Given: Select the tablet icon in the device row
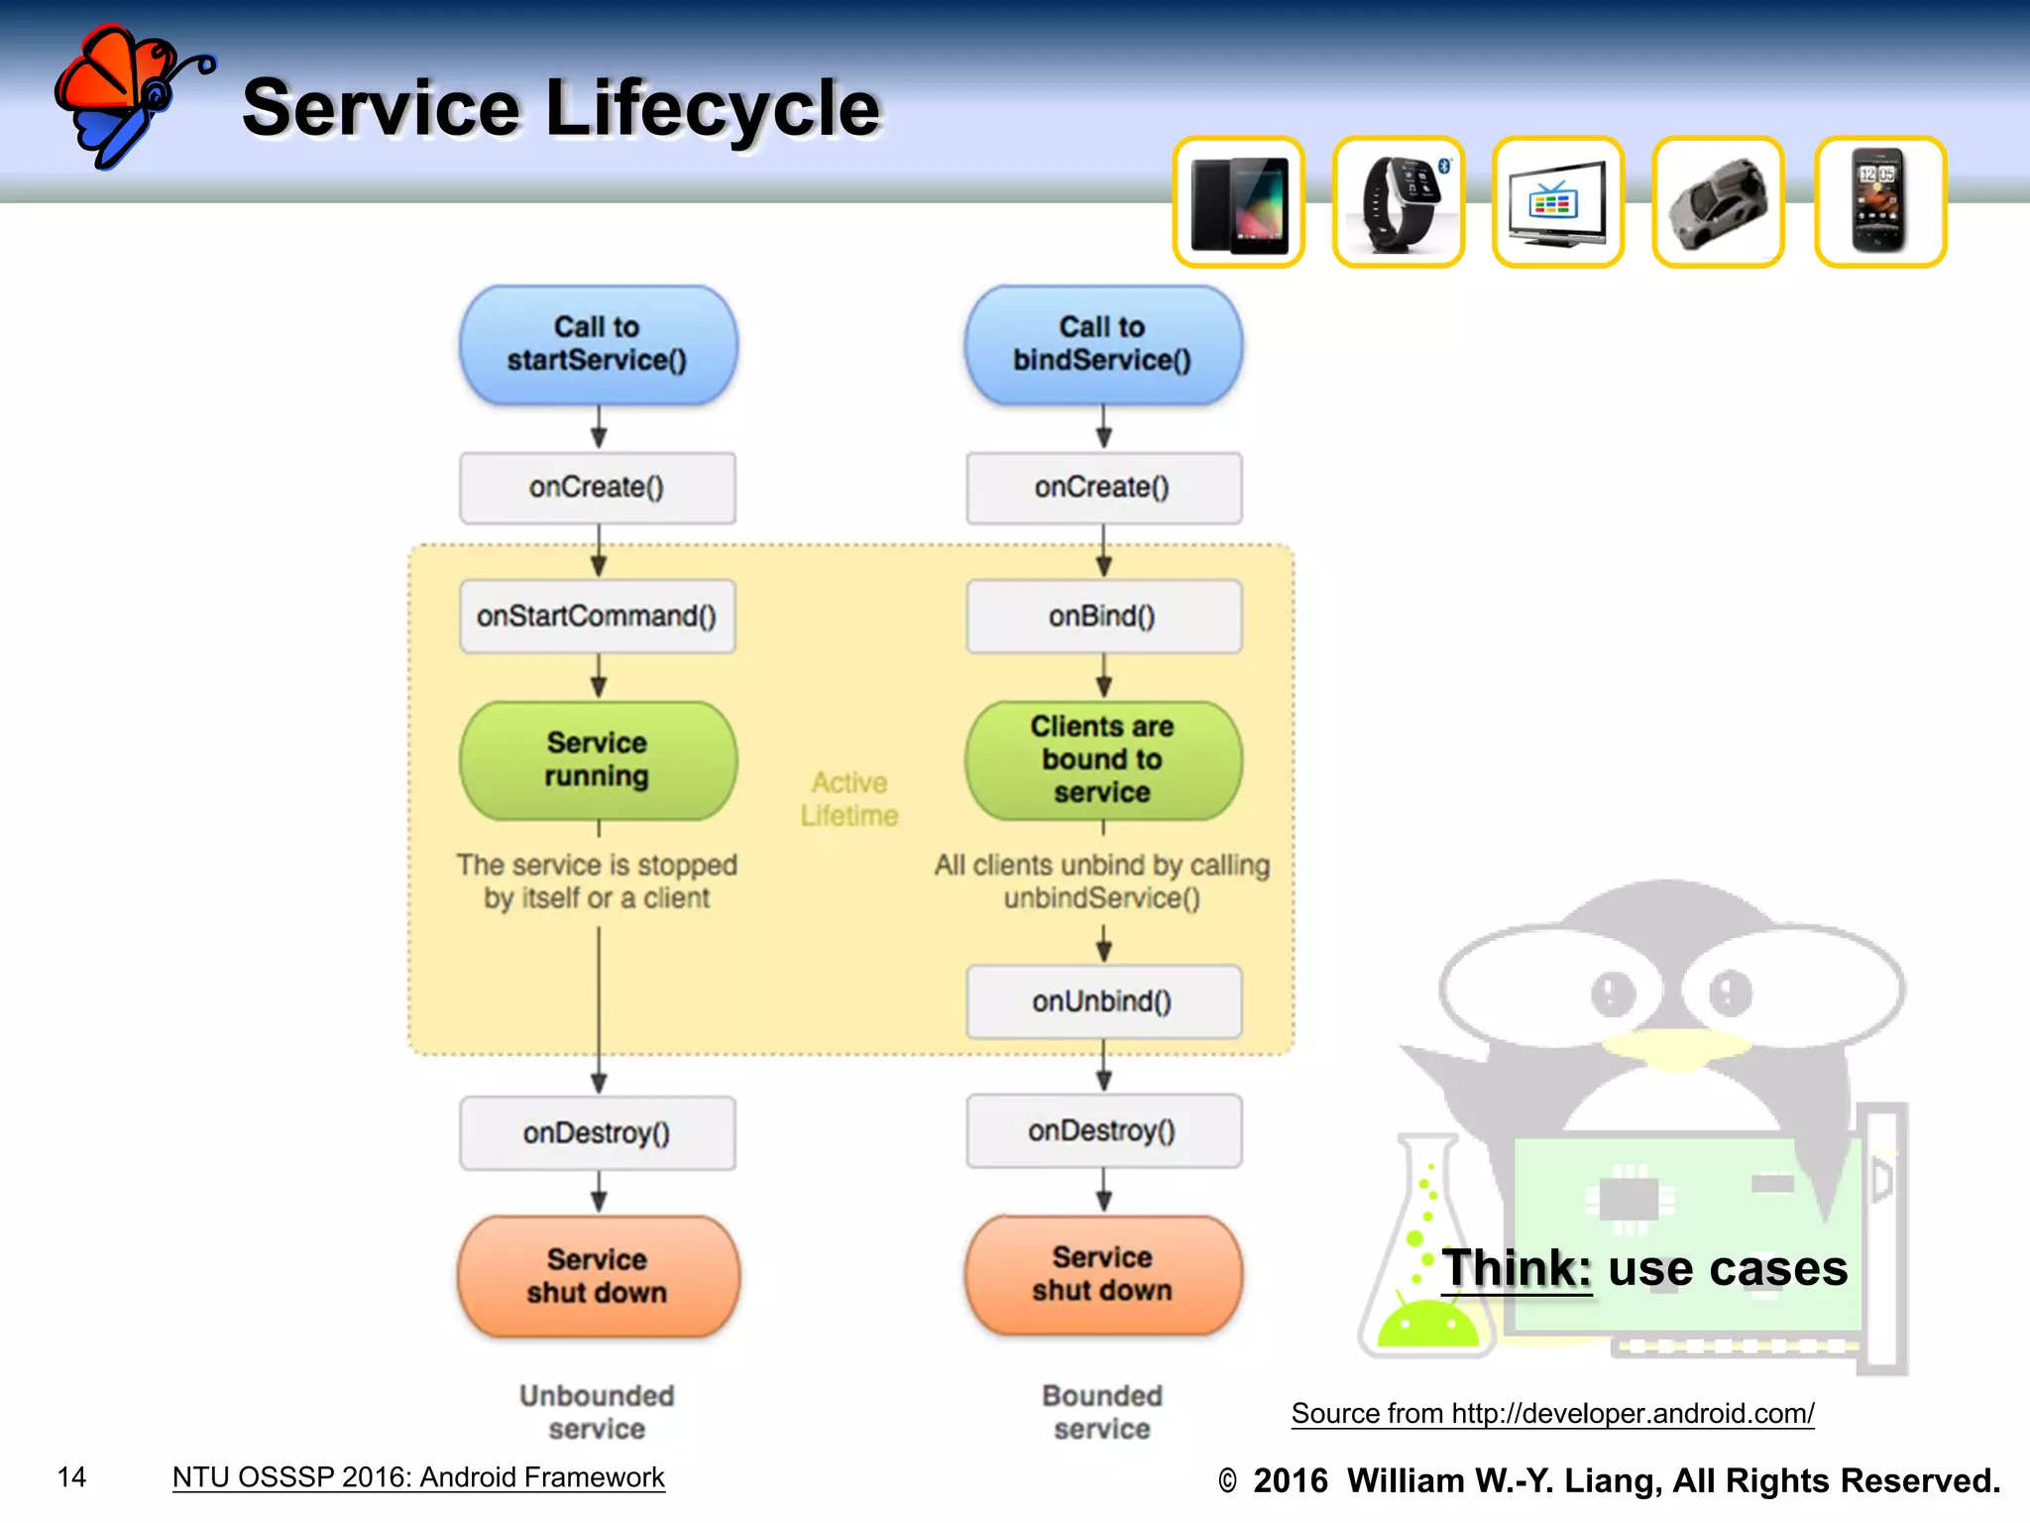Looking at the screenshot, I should [x=1239, y=203].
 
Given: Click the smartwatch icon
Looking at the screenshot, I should [x=1399, y=203].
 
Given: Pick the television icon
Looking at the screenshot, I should [x=1557, y=203].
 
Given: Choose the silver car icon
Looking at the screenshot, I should [x=1718, y=203].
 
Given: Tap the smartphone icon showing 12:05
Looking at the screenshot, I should [x=1879, y=203].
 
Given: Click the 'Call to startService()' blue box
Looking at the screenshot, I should [x=598, y=344].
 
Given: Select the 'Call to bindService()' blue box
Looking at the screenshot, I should [x=1102, y=344].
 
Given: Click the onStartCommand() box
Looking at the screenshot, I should [x=597, y=616].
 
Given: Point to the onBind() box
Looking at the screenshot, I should [x=1102, y=616].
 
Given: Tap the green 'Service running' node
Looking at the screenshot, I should [x=598, y=760].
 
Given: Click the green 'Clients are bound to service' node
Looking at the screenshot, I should [x=1102, y=760].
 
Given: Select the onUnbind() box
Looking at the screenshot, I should [x=1102, y=1001].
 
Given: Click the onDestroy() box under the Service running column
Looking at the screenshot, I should [x=597, y=1132].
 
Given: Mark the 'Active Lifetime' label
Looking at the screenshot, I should [x=849, y=799].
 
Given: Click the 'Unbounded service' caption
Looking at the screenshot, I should [x=597, y=1412].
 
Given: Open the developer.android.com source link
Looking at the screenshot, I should [x=1552, y=1413].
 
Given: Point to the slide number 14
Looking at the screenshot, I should [x=71, y=1477].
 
